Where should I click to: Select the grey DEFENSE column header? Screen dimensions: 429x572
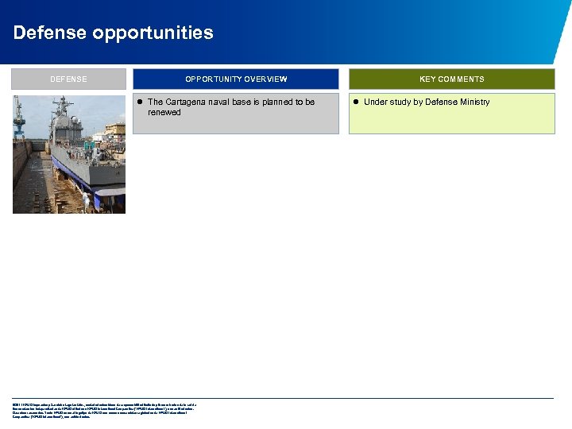pos(68,79)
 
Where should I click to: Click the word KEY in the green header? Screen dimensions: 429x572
pos(428,79)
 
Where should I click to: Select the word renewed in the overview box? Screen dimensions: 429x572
pos(164,113)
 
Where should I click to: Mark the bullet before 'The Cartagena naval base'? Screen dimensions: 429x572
pos(139,102)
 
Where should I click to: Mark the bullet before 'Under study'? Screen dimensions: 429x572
pos(356,102)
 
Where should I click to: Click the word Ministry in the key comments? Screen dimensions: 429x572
pos(473,102)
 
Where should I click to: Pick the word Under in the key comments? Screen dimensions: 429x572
pos(375,102)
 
